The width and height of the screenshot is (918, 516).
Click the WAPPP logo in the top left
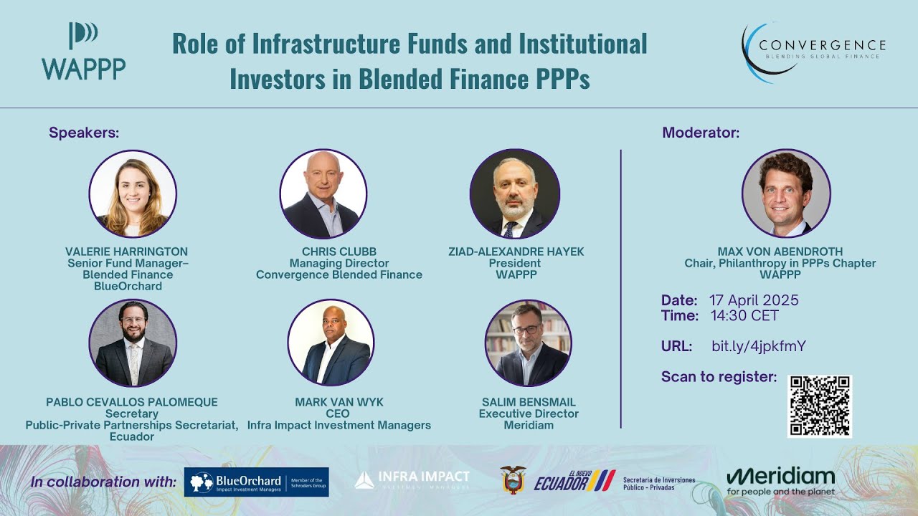click(83, 52)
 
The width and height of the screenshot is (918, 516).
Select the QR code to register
click(819, 406)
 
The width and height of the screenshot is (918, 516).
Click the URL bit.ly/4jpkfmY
click(758, 346)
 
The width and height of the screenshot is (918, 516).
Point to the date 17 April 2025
click(753, 300)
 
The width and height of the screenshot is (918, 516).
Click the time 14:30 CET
click(744, 316)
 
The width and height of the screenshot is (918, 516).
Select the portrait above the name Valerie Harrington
click(133, 193)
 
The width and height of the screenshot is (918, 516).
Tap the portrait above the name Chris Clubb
click(323, 193)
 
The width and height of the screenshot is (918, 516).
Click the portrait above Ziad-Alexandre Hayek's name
click(514, 193)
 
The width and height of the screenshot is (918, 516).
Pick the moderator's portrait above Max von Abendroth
click(786, 193)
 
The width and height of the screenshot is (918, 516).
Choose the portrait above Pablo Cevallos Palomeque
click(133, 343)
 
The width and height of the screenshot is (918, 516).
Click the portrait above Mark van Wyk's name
click(331, 343)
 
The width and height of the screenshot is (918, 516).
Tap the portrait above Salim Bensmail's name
click(528, 343)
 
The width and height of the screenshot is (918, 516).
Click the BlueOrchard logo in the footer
click(256, 482)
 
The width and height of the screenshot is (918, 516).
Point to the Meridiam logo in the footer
click(780, 481)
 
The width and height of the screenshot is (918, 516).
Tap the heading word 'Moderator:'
click(700, 133)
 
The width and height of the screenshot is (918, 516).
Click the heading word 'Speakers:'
click(84, 133)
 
